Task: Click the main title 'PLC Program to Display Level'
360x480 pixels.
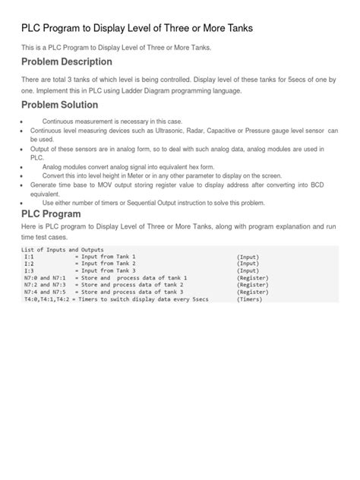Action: pyautogui.click(x=136, y=28)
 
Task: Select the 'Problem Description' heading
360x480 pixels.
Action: pyautogui.click(x=66, y=62)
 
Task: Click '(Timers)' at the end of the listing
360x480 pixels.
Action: pyautogui.click(x=251, y=299)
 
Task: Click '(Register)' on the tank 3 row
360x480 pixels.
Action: pyautogui.click(x=252, y=292)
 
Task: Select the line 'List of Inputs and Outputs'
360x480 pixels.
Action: pyautogui.click(x=62, y=250)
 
